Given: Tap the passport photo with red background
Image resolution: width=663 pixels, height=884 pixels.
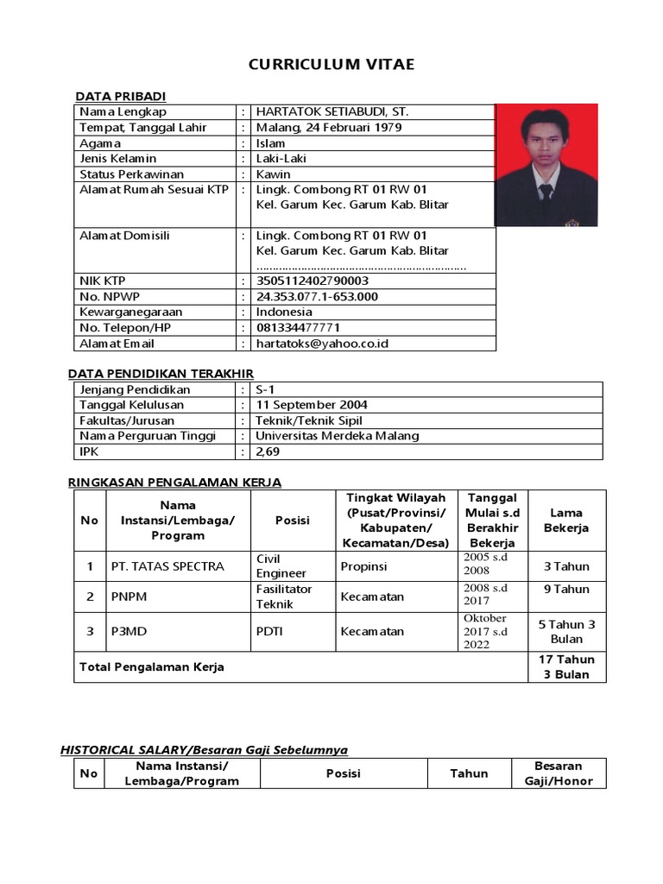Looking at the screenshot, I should coord(546,165).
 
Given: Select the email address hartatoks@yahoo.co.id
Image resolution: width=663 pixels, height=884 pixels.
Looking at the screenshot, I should coord(322,344).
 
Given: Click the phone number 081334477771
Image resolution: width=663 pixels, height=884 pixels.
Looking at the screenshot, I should coord(298,328).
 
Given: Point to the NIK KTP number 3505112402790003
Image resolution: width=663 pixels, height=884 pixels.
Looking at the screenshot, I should coord(313,281).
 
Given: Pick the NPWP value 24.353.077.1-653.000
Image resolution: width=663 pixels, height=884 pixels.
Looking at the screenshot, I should coord(317,296).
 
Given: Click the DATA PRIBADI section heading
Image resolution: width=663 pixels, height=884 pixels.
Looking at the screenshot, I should coord(120,96).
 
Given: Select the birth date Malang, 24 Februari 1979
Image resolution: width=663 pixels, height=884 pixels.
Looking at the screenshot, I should coord(328,128).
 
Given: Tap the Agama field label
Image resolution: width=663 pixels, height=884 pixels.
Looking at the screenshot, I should coord(100,143).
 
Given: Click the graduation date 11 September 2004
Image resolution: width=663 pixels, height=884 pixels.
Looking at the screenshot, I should coord(312,405).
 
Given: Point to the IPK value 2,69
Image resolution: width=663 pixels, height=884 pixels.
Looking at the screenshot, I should coord(268,451).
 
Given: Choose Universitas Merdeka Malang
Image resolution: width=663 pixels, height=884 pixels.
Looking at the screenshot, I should coord(338,436).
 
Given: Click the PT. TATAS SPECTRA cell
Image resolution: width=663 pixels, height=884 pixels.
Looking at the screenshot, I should coord(167,566).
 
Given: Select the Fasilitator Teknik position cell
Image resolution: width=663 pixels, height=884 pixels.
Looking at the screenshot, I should coord(284,597).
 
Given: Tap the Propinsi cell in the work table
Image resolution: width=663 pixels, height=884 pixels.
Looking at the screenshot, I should coord(363,566).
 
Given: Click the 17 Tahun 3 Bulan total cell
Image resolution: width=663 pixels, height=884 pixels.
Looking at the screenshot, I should coord(566,666).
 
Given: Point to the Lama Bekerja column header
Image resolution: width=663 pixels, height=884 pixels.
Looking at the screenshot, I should coord(566,520).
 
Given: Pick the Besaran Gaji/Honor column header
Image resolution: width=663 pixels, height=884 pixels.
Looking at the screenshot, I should coord(558,773).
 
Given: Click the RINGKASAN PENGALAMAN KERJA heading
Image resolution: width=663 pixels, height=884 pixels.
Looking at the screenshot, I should coord(174,482).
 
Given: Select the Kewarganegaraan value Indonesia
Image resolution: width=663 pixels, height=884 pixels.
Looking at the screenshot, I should coord(284,312).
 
